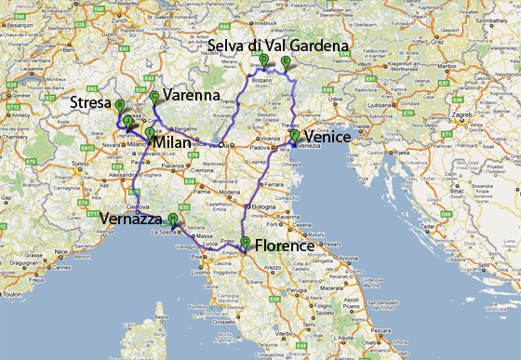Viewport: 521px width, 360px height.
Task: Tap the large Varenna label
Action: pyautogui.click(x=192, y=96)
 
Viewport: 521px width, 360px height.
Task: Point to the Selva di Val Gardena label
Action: pyautogui.click(x=278, y=46)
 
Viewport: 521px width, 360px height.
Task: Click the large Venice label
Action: pyautogui.click(x=326, y=138)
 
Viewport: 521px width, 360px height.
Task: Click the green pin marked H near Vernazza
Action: pyautogui.click(x=173, y=220)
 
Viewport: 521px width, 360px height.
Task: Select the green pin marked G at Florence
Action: pyautogui.click(x=245, y=244)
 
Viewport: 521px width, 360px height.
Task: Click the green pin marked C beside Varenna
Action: pyautogui.click(x=154, y=97)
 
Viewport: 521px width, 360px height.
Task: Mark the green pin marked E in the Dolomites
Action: pyautogui.click(x=285, y=62)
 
